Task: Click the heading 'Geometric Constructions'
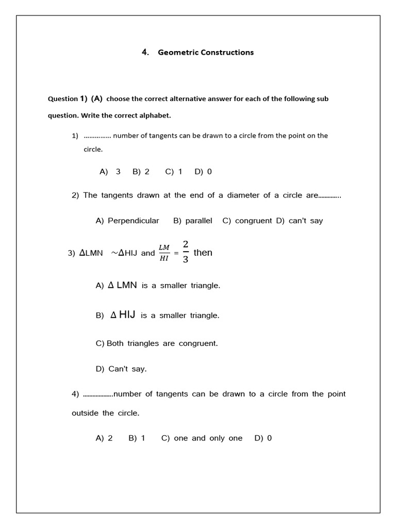[205, 52]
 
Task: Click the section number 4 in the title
[144, 52]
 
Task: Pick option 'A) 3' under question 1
[110, 172]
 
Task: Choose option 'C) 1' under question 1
[174, 172]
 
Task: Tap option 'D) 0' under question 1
[203, 172]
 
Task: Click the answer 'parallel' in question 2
[199, 221]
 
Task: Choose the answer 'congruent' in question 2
[253, 221]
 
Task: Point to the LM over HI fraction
[164, 253]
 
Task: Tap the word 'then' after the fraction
[203, 253]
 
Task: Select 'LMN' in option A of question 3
[127, 285]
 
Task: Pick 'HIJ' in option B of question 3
[127, 315]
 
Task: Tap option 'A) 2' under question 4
[104, 438]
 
